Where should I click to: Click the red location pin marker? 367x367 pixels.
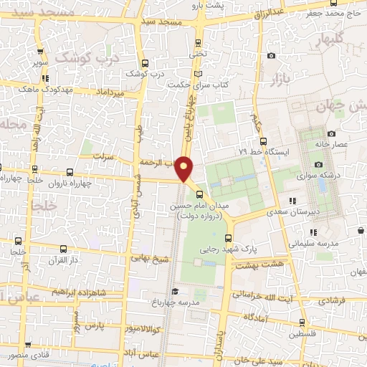(185, 168)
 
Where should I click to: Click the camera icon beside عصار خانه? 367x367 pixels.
(331, 133)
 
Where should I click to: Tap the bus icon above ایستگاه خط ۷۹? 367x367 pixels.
(262, 141)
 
